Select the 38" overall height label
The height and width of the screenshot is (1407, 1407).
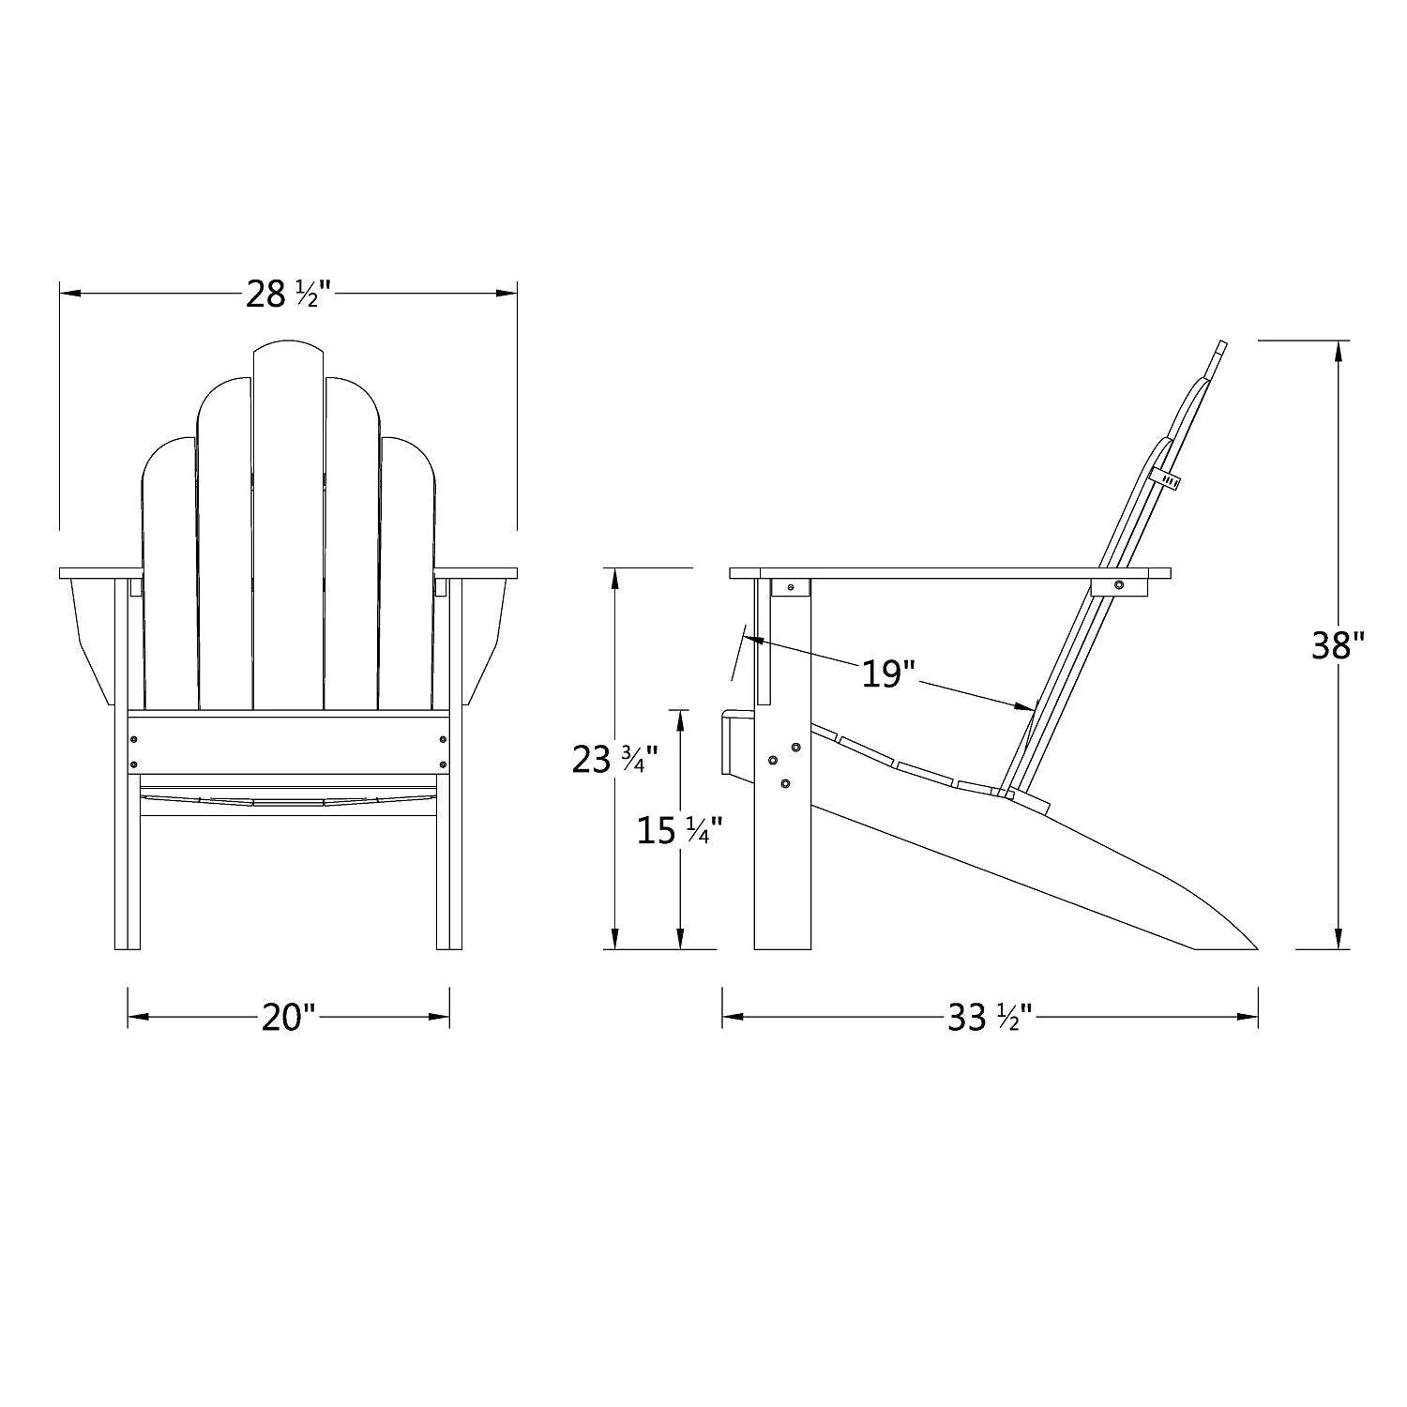click(1338, 645)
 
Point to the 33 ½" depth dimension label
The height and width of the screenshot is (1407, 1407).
click(989, 1017)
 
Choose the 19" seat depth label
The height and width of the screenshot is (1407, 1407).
click(887, 673)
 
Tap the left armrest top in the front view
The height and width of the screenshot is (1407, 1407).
click(100, 572)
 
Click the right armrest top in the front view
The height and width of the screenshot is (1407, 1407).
click(476, 572)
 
